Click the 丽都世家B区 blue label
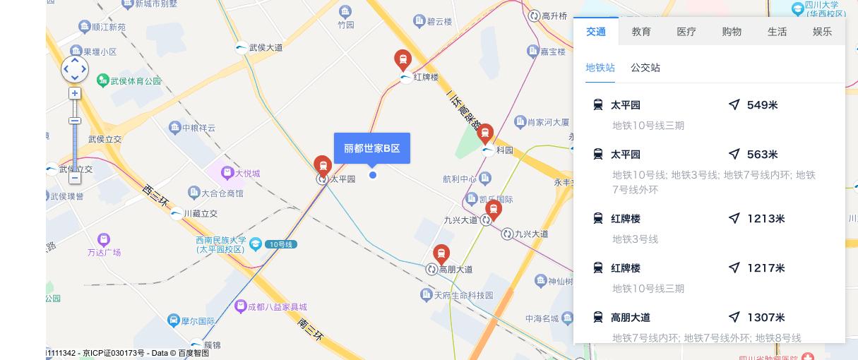pyautogui.click(x=371, y=148)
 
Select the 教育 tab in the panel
pyautogui.click(x=641, y=32)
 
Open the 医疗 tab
pyautogui.click(x=686, y=32)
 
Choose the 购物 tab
pyautogui.click(x=732, y=32)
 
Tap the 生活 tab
pyautogui.click(x=777, y=32)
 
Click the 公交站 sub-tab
pyautogui.click(x=645, y=68)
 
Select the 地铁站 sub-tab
pyautogui.click(x=600, y=68)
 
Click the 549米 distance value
pyautogui.click(x=762, y=105)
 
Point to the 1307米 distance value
pyautogui.click(x=765, y=318)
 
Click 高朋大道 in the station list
pyautogui.click(x=631, y=318)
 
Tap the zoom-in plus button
pyautogui.click(x=75, y=93)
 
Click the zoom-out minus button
pyautogui.click(x=75, y=178)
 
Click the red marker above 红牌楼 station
pyautogui.click(x=403, y=59)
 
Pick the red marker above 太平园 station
pyautogui.click(x=323, y=165)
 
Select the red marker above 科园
pyautogui.click(x=484, y=133)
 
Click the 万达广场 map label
pyautogui.click(x=104, y=252)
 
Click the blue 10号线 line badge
pyautogui.click(x=282, y=244)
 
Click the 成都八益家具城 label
pyautogui.click(x=277, y=307)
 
